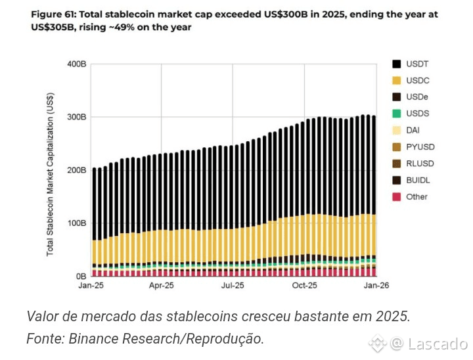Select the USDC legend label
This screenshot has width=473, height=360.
coord(417,81)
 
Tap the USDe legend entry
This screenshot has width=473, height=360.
coord(417,97)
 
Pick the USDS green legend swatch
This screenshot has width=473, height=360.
coord(397,114)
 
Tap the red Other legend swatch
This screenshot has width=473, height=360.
coord(397,196)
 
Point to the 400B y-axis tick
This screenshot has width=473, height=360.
coord(77,64)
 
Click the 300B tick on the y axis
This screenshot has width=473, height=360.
coord(77,117)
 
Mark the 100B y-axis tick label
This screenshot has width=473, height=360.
coord(77,223)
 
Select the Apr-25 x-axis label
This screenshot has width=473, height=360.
coord(162,286)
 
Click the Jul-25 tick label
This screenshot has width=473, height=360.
coord(233,286)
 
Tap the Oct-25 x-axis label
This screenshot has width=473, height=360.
coord(305,286)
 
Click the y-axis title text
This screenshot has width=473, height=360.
coord(51,174)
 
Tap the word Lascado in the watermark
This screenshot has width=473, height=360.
coord(438,344)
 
